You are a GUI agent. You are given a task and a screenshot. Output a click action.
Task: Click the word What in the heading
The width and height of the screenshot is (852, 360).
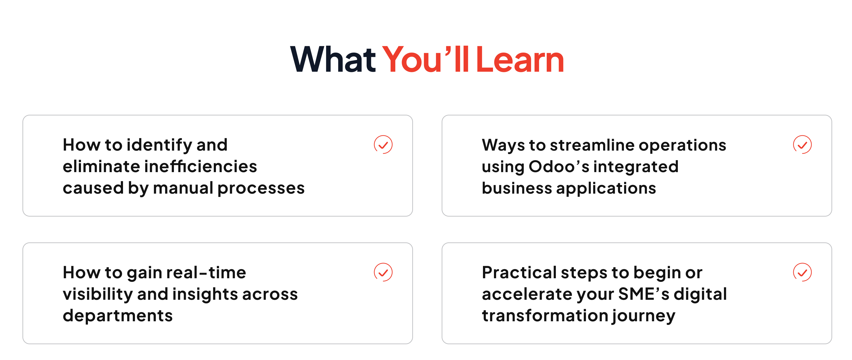tap(333, 60)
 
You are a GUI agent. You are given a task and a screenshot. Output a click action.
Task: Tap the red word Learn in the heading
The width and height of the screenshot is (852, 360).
tap(520, 60)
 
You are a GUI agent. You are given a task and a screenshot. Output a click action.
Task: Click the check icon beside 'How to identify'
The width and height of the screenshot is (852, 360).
tap(383, 145)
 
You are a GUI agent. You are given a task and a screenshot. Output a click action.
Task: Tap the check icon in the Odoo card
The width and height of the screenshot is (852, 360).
tap(802, 145)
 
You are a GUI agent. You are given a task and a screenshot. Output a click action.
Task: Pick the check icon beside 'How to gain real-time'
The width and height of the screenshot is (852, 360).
tap(383, 272)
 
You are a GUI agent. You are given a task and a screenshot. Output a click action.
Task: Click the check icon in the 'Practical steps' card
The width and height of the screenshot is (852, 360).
tap(802, 272)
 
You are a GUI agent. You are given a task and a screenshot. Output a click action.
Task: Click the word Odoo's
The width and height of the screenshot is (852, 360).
tap(559, 166)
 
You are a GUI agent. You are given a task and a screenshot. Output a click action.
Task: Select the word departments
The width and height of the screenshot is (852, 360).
tap(118, 316)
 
